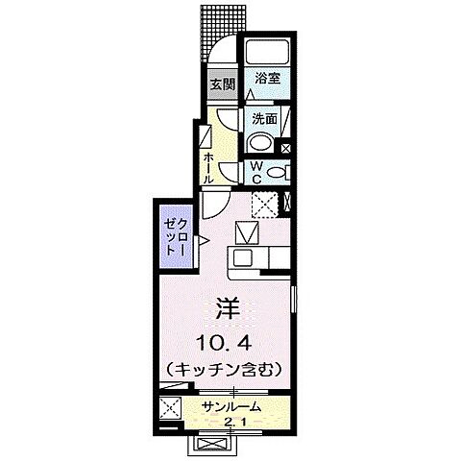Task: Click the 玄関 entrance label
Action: coord(222,85)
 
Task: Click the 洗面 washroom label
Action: coord(264,120)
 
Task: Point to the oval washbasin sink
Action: coord(259,142)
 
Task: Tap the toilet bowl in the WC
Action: coord(278,173)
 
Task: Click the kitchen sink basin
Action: coord(241,258)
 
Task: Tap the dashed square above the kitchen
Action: coord(264,205)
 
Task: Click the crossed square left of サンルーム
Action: coord(172,407)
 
